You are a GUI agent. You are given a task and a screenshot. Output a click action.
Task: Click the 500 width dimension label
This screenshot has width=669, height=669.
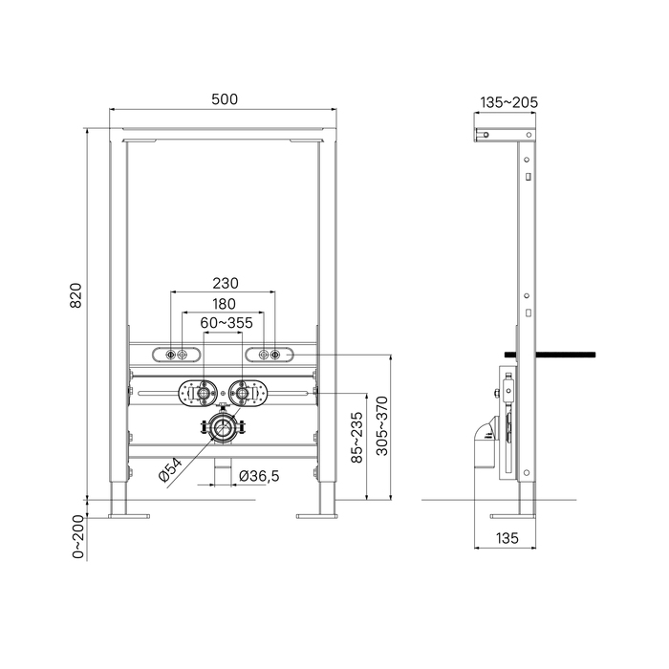[x=225, y=99]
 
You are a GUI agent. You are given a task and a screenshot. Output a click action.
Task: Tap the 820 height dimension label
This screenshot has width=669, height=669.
[x=76, y=295]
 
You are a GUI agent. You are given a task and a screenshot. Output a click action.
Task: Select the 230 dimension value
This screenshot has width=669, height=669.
[x=226, y=283]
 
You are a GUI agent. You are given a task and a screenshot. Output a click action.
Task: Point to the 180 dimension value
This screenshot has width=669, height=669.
[x=224, y=304]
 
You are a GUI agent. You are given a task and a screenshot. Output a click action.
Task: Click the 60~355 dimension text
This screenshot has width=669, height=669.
[x=227, y=323]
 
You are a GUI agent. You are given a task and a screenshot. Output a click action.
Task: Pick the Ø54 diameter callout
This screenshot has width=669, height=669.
[x=170, y=469]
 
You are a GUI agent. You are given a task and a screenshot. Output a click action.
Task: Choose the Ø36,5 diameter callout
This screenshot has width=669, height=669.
[x=259, y=476]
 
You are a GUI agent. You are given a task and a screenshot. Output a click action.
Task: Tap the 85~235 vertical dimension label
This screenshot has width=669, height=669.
[x=356, y=437]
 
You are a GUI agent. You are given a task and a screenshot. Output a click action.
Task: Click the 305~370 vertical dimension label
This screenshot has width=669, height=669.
[x=382, y=426]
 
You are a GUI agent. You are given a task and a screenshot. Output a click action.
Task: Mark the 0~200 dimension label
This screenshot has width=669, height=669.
[x=78, y=537]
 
